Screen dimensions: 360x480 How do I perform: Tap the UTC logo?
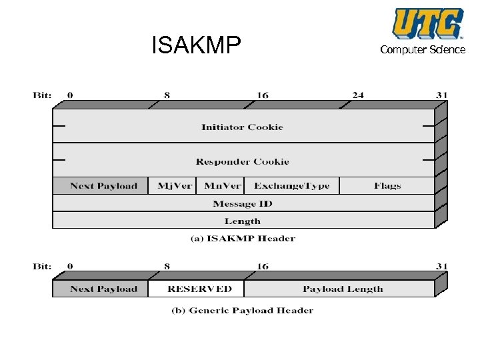coord(427,23)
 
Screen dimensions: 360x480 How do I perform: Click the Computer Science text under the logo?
coord(423,50)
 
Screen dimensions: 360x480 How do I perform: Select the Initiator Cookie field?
coord(242,127)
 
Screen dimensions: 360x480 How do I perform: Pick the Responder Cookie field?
coord(242,161)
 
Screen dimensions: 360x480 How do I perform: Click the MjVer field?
coord(174,186)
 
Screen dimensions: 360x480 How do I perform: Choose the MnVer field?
coord(220,186)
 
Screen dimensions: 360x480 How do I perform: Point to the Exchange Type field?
coord(291,186)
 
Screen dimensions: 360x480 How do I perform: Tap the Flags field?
coord(387,186)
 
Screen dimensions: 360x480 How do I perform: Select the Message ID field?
coord(242,203)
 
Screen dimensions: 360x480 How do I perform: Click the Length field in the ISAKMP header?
coord(242,221)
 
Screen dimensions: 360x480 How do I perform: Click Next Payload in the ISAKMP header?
coord(103,186)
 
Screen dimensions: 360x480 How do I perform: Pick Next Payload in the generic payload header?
coord(103,289)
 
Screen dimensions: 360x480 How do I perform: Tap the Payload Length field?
coord(343,289)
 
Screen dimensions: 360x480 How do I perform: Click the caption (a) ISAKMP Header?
coord(242,238)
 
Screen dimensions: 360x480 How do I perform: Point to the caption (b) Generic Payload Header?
coord(242,310)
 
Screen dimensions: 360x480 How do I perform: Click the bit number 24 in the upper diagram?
coord(358,95)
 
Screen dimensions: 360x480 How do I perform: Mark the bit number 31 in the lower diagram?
coord(442,267)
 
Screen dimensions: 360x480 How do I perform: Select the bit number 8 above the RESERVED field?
coord(167,267)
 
